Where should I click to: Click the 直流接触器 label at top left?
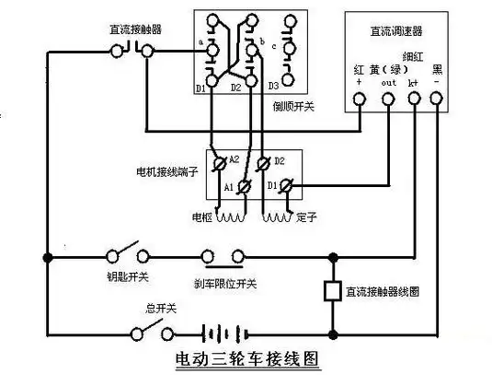135,29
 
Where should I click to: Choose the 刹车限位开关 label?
221,282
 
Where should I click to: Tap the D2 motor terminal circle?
266,162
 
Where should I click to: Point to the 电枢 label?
202,218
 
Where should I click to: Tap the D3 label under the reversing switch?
273,87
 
